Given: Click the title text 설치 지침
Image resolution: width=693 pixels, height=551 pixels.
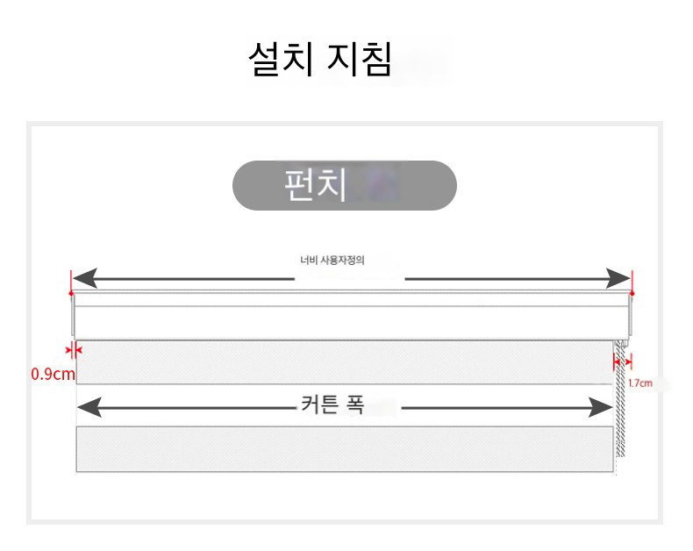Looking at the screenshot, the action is (320, 60).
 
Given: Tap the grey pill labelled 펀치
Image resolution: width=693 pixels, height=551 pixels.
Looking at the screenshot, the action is (344, 185).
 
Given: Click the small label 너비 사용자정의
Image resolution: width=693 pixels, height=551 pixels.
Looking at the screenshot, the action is (332, 260).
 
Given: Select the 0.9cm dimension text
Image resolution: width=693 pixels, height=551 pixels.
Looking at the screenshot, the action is (53, 374).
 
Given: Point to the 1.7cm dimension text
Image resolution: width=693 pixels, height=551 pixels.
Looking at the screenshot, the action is (640, 383).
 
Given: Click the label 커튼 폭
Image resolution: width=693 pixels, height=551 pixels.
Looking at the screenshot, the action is (332, 404).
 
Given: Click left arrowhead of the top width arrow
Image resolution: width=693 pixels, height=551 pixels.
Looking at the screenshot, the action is (85, 278).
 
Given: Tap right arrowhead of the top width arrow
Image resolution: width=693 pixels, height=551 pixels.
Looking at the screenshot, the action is (618, 278).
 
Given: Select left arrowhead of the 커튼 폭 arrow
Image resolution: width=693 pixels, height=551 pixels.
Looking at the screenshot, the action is (89, 407).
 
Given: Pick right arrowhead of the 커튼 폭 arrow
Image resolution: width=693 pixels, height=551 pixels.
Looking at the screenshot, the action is (601, 407).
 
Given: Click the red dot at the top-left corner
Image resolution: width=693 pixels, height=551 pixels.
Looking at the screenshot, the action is (71, 293).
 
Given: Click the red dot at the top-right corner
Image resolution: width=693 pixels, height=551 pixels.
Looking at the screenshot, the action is (632, 293).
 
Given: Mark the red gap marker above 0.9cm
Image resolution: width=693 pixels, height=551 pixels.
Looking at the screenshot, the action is (74, 350).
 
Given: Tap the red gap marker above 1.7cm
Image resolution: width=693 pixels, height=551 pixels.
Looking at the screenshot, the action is (622, 361).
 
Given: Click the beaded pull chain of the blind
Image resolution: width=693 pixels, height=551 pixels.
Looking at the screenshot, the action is (619, 403).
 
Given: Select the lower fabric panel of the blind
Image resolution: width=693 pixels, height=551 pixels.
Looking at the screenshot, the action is (345, 449).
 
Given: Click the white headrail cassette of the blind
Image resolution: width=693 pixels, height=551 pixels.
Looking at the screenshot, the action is (352, 315).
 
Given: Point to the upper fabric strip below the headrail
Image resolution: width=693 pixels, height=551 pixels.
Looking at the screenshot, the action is (345, 362).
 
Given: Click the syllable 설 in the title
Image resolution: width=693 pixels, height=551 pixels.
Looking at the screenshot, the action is (265, 60).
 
